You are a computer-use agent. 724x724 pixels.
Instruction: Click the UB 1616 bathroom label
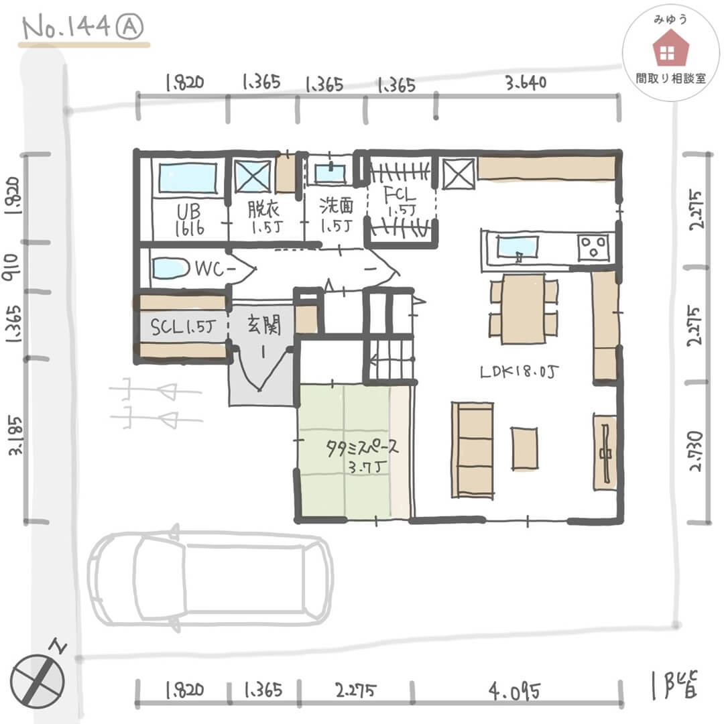(x=189, y=221)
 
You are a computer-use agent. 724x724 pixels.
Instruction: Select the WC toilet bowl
(x=170, y=267)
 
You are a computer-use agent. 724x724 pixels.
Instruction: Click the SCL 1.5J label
(x=183, y=326)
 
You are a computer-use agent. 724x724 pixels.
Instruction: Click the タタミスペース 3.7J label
(x=361, y=455)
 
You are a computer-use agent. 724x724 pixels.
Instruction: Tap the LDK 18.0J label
(x=519, y=371)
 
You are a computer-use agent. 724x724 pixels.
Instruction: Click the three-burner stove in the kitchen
(x=593, y=248)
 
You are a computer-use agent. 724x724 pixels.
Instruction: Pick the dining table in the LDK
(x=524, y=308)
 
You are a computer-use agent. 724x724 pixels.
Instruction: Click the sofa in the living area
(x=472, y=450)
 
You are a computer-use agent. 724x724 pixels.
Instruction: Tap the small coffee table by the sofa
(x=524, y=448)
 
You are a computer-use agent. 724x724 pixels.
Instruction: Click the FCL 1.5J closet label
(x=400, y=201)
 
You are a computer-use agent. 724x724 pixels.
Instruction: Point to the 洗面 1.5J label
(x=337, y=215)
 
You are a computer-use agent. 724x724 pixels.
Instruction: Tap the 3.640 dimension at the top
(x=526, y=82)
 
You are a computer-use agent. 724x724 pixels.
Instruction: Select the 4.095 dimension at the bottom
(x=514, y=692)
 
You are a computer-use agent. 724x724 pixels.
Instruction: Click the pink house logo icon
(x=670, y=48)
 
